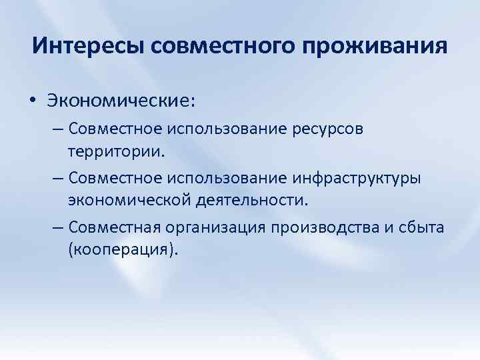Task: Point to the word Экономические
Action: pyautogui.click(x=121, y=101)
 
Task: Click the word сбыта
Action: pyautogui.click(x=423, y=228)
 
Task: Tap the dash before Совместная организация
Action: pyautogui.click(x=56, y=228)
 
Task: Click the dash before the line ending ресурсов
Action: pyautogui.click(x=56, y=127)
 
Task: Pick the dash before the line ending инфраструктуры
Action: pyautogui.click(x=56, y=178)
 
